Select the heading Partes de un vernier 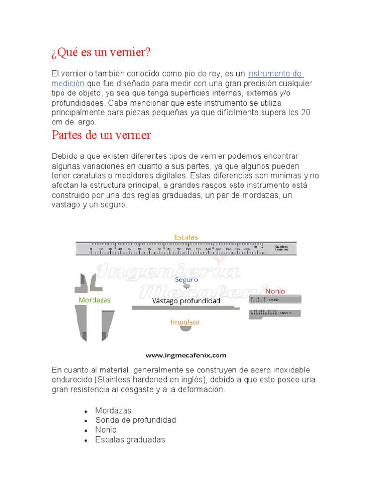click(x=101, y=135)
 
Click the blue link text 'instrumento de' click(x=275, y=74)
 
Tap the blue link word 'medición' click(x=68, y=83)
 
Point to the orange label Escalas click(x=186, y=237)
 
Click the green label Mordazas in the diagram click(x=94, y=300)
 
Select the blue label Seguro click(x=186, y=279)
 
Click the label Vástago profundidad click(x=186, y=301)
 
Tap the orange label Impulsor click(x=185, y=322)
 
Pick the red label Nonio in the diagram click(x=275, y=291)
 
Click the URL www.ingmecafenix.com click(x=186, y=355)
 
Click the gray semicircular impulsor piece click(x=186, y=329)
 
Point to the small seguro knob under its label click(x=186, y=288)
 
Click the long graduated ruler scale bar click(x=186, y=248)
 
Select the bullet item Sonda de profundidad click(x=136, y=420)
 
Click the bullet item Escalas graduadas click(x=130, y=440)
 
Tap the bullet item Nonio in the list click(x=106, y=430)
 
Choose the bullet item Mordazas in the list click(x=113, y=410)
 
